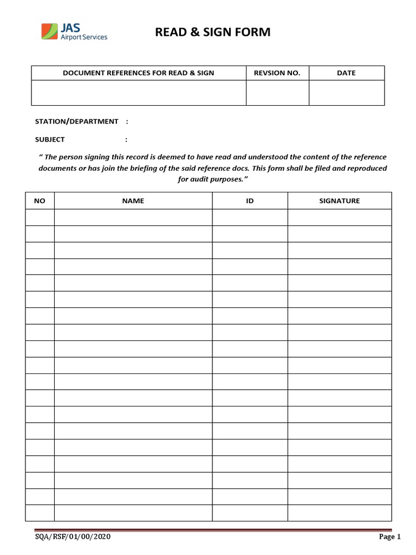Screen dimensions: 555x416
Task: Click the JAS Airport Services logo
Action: click(74, 31)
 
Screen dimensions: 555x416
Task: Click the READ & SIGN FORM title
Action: click(212, 33)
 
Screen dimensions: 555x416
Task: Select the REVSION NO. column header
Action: click(277, 73)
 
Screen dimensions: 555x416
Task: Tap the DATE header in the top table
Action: click(346, 73)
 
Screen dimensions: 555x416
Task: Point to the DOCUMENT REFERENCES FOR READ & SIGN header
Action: click(139, 73)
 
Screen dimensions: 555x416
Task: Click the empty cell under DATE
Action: click(346, 93)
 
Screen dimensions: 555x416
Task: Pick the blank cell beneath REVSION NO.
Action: click(277, 93)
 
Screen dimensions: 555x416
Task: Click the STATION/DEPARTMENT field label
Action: click(76, 121)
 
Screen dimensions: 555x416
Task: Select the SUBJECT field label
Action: click(50, 139)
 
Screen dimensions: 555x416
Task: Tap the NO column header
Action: click(40, 201)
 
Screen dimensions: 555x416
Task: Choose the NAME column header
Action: click(133, 201)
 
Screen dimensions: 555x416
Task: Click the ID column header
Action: click(250, 201)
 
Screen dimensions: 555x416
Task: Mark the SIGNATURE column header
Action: click(339, 201)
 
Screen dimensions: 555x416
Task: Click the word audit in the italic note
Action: click(203, 179)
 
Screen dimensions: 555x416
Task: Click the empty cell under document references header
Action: click(139, 93)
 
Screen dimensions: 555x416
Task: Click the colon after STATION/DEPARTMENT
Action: click(127, 121)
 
